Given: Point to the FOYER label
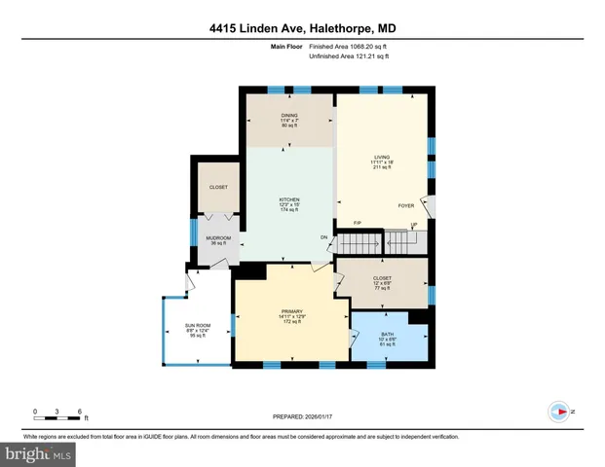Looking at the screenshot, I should (x=406, y=206).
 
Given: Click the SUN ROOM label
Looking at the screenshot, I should (x=198, y=329).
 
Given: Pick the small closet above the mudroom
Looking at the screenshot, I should (x=217, y=187).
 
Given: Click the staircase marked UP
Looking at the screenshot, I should (x=395, y=238).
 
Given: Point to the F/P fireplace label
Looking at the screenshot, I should (x=358, y=224).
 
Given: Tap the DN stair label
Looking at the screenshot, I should (x=324, y=238).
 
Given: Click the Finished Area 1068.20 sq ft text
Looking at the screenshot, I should (x=349, y=46).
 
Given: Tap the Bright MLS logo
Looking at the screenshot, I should (x=39, y=453).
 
